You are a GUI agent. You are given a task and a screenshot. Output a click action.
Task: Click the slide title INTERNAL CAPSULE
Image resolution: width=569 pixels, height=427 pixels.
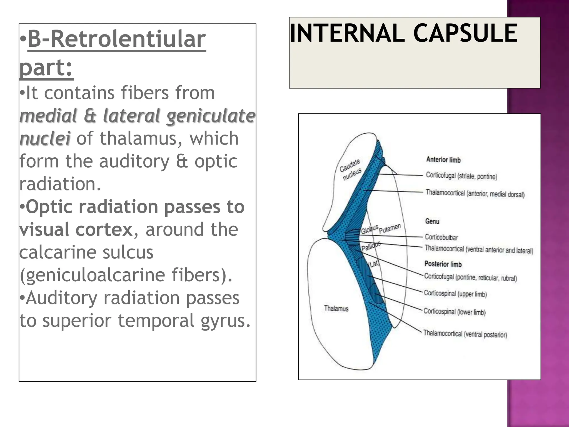coord(403,33)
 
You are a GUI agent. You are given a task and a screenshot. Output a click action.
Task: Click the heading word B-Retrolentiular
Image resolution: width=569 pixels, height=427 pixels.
coord(117,39)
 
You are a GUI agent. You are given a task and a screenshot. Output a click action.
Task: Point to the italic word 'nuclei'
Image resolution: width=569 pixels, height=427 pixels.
coord(45,138)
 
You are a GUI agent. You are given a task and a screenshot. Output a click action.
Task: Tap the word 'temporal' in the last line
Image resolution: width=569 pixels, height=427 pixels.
coord(156,321)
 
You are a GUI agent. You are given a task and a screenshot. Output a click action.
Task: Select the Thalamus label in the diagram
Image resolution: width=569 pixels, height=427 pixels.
coord(336,308)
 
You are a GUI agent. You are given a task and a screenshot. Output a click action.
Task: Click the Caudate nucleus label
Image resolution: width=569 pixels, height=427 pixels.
coord(351,169)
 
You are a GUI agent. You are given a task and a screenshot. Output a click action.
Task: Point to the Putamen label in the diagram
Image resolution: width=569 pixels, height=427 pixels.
coord(390,228)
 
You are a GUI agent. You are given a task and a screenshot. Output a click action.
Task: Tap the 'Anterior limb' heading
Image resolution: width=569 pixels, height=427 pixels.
coord(443,160)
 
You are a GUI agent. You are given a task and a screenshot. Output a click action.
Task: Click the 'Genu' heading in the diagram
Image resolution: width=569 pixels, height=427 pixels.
coord(432,221)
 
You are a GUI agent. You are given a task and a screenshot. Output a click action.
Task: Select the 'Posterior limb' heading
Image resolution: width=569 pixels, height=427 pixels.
coord(443,264)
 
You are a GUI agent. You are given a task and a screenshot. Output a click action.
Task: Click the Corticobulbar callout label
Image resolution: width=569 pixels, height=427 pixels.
coord(441,237)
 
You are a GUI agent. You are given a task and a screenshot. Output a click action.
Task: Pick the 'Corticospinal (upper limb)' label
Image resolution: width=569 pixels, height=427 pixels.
coord(455,294)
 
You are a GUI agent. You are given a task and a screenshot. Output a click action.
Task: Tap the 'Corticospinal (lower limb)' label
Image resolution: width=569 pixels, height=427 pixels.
coord(455,312)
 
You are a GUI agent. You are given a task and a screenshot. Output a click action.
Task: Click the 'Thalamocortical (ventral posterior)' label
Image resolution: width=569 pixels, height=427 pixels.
coord(465,334)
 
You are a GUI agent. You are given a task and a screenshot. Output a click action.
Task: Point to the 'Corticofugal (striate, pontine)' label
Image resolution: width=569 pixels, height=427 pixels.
coord(461,176)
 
